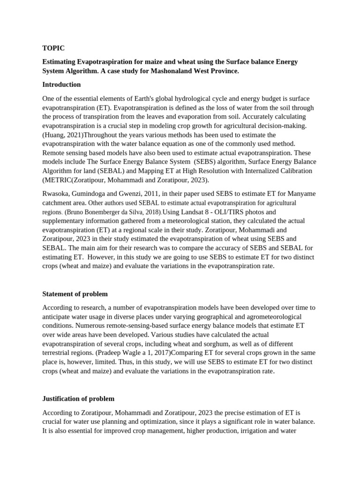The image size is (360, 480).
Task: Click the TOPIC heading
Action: [53, 48]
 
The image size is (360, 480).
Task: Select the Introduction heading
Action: [61, 84]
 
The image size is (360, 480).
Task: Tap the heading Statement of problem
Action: [75, 294]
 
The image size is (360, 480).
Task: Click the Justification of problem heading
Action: [78, 398]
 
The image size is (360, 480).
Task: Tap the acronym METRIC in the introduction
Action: [56, 180]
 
